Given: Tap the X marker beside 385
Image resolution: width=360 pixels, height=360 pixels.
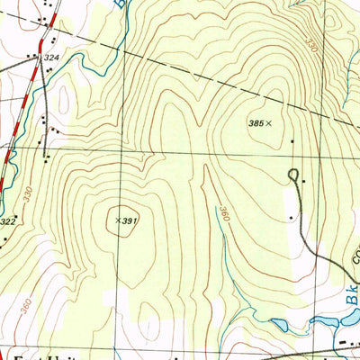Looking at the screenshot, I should click(x=269, y=122).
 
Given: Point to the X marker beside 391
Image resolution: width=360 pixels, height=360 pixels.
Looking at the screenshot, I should click(x=119, y=219).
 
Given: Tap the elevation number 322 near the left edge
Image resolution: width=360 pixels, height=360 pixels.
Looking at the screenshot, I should click(x=8, y=220).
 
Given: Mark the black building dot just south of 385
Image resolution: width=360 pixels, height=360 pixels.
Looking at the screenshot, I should click(x=292, y=141).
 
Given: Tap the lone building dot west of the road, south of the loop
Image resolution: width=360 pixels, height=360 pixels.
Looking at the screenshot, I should click(x=290, y=217).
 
